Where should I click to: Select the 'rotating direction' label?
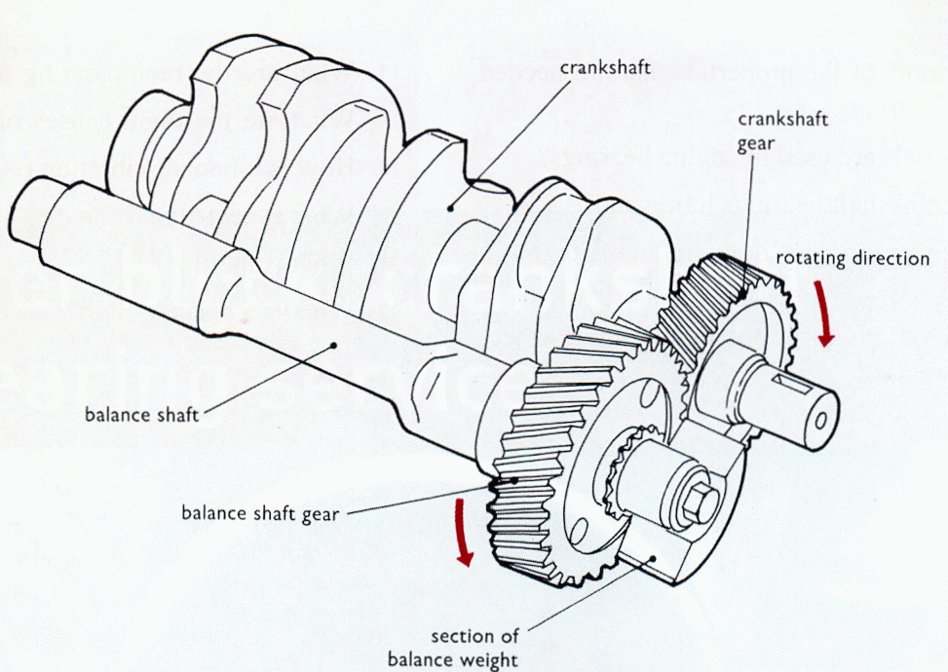853,258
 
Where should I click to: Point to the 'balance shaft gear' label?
260,513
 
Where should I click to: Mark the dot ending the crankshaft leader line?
450,205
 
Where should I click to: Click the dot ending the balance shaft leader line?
335,342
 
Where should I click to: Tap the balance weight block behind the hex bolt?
672,555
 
